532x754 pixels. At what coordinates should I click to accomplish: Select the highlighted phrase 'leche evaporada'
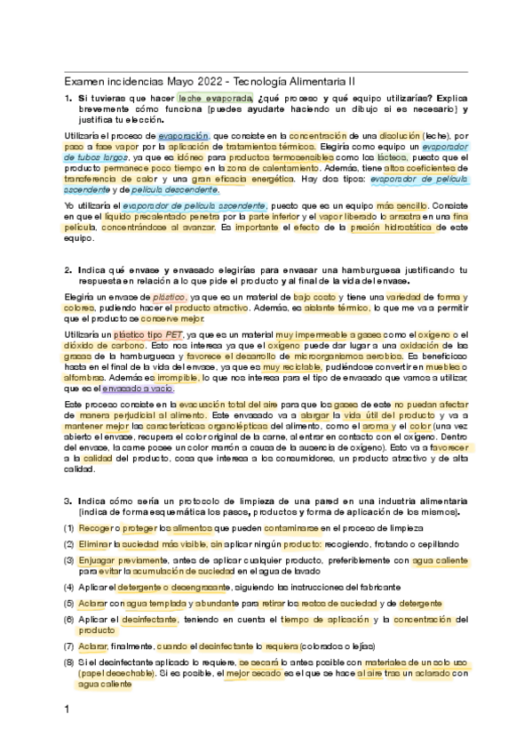[x=215, y=98]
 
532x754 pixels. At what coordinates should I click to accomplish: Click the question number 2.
[x=68, y=269]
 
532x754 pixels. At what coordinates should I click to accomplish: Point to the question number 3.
[x=68, y=501]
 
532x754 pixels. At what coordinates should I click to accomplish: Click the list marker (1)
[x=69, y=527]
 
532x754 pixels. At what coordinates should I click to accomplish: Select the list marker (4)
[x=69, y=587]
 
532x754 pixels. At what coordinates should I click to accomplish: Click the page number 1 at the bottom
[x=67, y=710]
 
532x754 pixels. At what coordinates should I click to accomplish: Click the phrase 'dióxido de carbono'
[x=103, y=345]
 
